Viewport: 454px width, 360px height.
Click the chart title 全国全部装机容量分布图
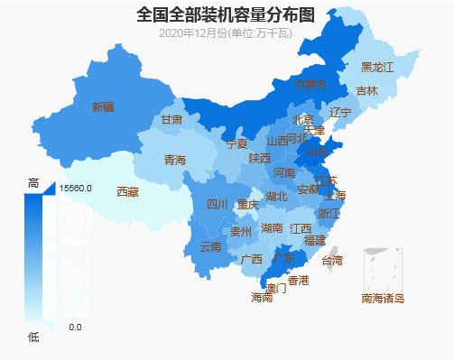tap(227, 14)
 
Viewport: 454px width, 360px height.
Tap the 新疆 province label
tap(103, 106)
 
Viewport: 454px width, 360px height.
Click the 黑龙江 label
tap(377, 67)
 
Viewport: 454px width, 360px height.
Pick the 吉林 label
tap(366, 90)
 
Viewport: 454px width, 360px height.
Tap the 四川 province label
tap(218, 204)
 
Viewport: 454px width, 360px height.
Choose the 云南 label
tap(210, 246)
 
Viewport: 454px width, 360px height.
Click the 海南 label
tap(261, 297)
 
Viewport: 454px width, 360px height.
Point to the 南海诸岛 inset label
tap(383, 298)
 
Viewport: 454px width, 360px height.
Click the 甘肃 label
tap(171, 119)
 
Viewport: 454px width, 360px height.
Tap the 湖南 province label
tap(272, 228)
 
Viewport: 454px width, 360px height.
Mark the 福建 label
tap(314, 241)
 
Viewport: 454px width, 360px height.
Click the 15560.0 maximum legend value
tap(76, 189)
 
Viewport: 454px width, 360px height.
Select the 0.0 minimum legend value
tap(76, 327)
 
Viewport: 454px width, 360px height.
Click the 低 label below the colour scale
tap(33, 337)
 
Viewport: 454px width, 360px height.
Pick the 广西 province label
tap(252, 259)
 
